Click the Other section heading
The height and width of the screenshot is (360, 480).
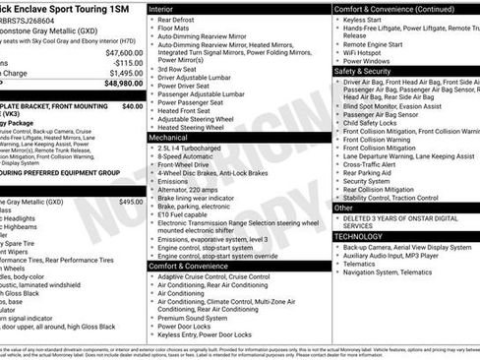point(344,209)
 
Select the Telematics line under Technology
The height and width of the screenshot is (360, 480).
point(362,266)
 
